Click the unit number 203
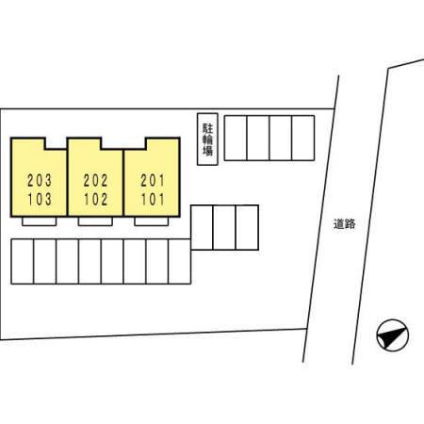40,181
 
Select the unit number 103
40,199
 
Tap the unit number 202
96,181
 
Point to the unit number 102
96,199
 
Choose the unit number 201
153,181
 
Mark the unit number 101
153,199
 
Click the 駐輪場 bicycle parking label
207,139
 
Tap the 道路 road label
345,224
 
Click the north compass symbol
393,335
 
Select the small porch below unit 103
40,221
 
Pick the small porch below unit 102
95,221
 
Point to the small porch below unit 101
152,221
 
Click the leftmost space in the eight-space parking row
23,262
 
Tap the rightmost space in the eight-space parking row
180,262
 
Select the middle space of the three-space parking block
224,228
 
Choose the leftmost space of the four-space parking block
236,139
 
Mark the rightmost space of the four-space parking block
303,139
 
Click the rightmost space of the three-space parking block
247,228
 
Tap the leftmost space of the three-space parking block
202,228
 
